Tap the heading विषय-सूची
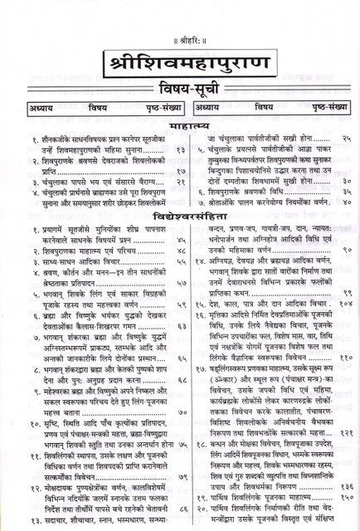180,89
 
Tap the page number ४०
343,201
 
